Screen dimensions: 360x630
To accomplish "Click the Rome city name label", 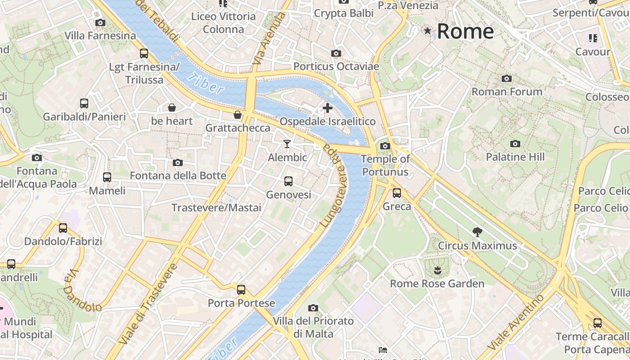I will point(465,31).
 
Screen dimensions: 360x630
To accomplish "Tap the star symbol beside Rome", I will point(427,31).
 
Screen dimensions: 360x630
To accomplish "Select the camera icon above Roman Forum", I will point(507,79).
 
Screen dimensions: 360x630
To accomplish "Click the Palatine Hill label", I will point(515,157).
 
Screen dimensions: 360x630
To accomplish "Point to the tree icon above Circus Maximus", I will point(477,232).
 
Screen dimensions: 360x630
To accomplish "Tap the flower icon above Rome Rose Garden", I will point(437,270).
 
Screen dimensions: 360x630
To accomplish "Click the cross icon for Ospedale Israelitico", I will point(328,108).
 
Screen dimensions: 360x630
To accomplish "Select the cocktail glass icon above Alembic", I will point(287,144).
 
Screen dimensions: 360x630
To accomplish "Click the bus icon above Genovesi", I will point(288,181).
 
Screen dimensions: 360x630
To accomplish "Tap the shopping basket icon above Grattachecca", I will point(238,115).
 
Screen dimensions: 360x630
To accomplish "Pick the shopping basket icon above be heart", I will point(172,108).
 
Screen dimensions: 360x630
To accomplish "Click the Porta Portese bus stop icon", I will point(241,289).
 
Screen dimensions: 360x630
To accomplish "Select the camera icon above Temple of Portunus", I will point(385,146).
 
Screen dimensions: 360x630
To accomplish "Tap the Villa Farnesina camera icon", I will point(100,22).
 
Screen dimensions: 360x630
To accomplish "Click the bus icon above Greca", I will point(397,193).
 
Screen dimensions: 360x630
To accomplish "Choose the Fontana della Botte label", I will point(178,175).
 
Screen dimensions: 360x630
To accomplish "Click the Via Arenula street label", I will point(270,39).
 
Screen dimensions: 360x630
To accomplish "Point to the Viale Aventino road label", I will point(517,322).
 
